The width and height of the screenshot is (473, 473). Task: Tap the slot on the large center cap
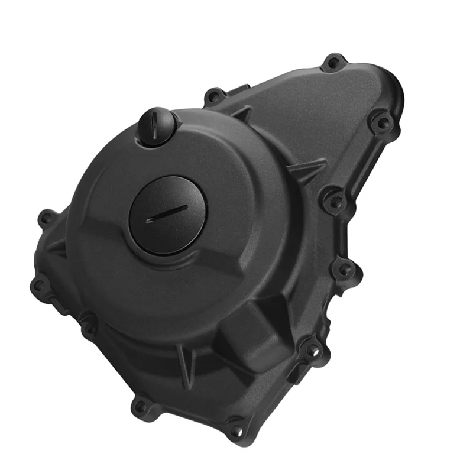click(x=167, y=213)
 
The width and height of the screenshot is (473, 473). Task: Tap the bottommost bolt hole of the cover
click(x=237, y=430)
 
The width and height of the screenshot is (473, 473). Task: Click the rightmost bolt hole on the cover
click(x=381, y=123)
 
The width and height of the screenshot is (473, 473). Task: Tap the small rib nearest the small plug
click(x=242, y=113)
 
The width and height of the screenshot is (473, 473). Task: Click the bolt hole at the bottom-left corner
click(x=140, y=406)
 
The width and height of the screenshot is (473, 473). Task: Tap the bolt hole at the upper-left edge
click(x=46, y=218)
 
